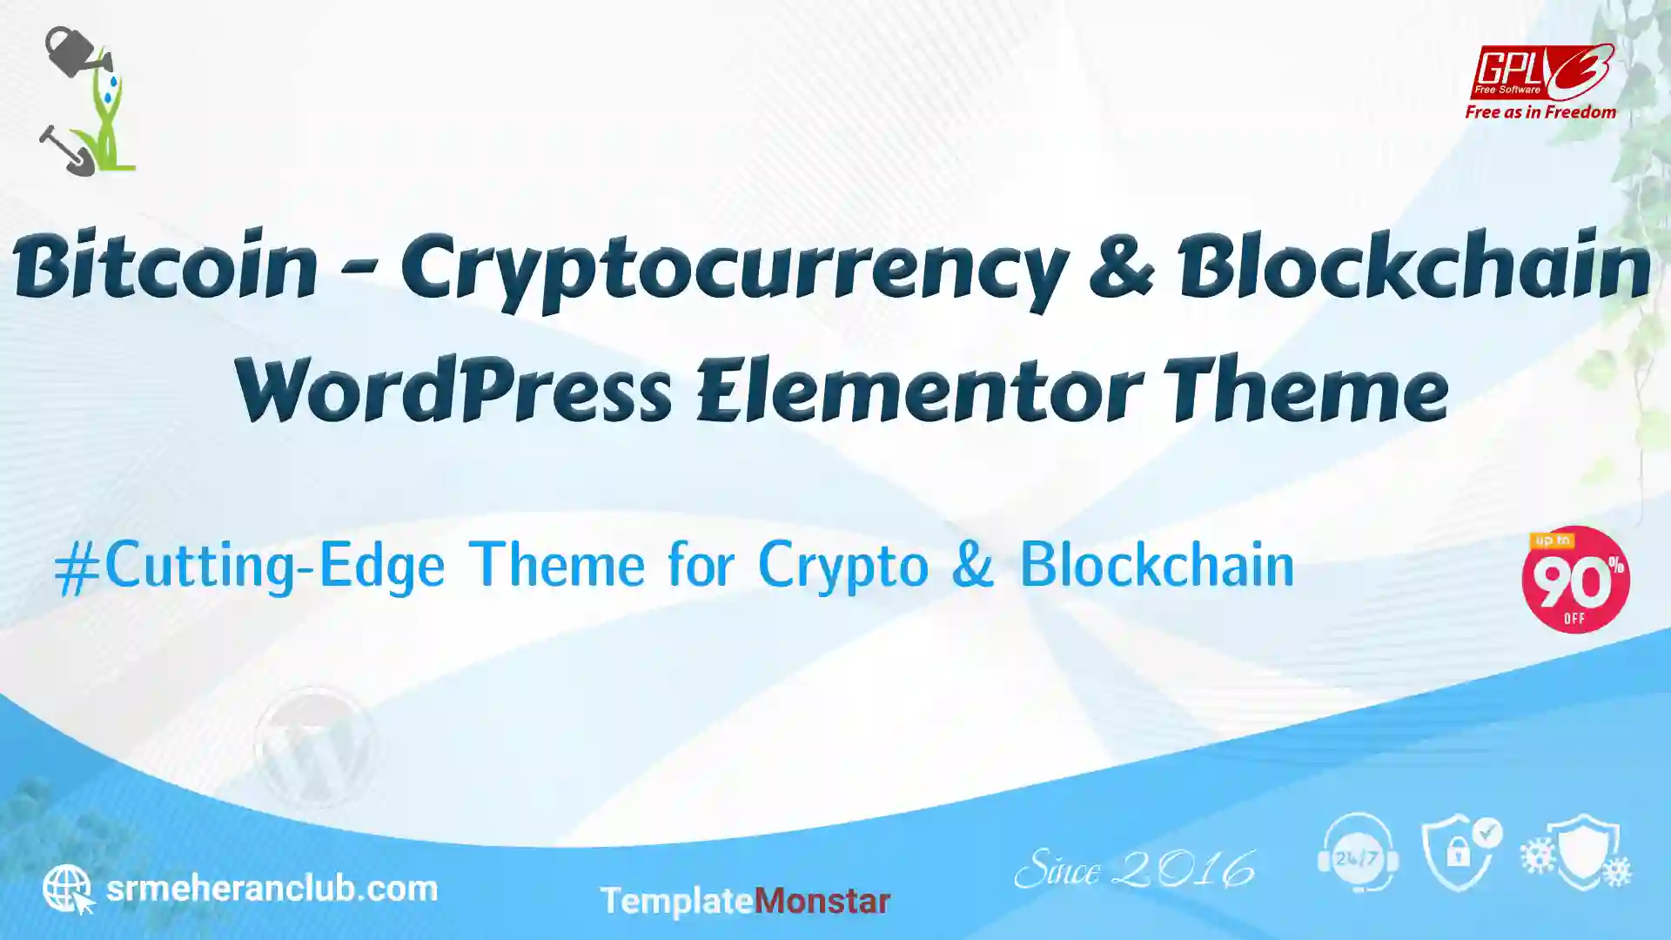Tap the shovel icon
(x=66, y=151)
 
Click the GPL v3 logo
(x=1541, y=72)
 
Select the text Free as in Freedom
(x=1540, y=112)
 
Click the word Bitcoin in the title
(x=165, y=265)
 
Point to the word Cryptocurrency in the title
(x=735, y=270)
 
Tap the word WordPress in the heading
(x=453, y=389)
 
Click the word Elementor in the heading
(x=920, y=389)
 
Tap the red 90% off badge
(x=1575, y=580)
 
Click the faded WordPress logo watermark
(x=315, y=747)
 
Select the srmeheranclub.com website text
(x=272, y=889)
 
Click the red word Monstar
(x=822, y=901)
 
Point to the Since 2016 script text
(x=1135, y=869)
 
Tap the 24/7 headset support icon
(x=1358, y=853)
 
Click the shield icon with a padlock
(x=1461, y=853)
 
